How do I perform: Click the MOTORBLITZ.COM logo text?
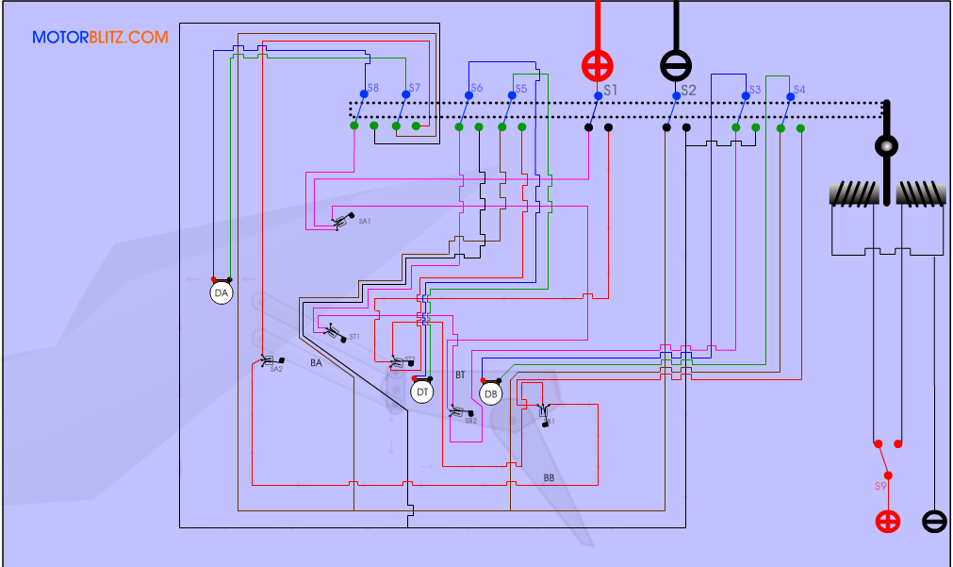[x=100, y=38]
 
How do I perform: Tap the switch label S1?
[x=611, y=90]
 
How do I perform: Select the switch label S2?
[x=688, y=90]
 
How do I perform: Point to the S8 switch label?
[x=373, y=88]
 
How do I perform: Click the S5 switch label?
[x=521, y=90]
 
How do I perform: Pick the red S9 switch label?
[x=880, y=486]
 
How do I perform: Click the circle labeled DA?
[x=222, y=293]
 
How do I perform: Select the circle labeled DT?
[x=422, y=392]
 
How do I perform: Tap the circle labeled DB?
[x=491, y=393]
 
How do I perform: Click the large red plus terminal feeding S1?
[x=597, y=65]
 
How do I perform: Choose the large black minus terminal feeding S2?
[x=675, y=65]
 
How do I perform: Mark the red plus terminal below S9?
[x=888, y=521]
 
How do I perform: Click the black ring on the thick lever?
[x=886, y=146]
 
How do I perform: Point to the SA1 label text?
[x=365, y=221]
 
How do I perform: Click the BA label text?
[x=317, y=362]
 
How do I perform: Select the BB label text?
[x=549, y=478]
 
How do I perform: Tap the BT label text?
[x=461, y=375]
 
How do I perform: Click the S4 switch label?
[x=798, y=90]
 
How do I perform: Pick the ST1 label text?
[x=354, y=337]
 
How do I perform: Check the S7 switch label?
[x=415, y=88]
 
